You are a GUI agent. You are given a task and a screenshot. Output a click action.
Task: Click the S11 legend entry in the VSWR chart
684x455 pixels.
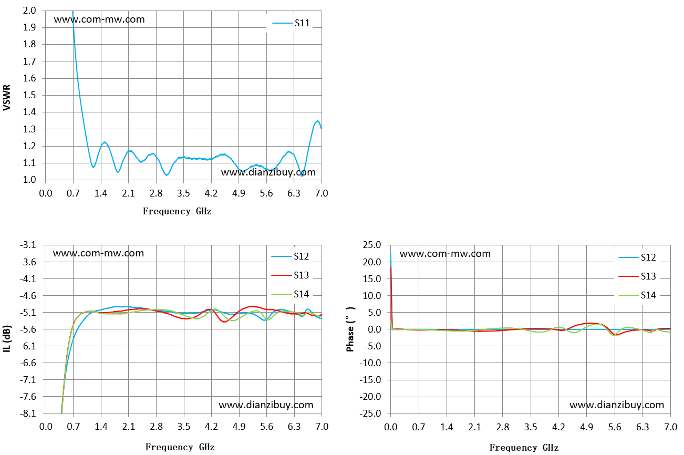click(292, 23)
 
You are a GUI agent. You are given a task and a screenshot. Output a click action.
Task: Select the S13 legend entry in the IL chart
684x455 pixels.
click(290, 275)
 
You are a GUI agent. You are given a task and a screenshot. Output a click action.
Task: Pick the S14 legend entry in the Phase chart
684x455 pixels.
click(637, 295)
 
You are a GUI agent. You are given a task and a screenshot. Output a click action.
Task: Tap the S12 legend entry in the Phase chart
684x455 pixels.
click(637, 257)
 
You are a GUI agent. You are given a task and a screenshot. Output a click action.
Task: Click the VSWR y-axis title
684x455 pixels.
click(7, 97)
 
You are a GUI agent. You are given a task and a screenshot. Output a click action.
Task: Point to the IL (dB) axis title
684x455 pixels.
click(7, 338)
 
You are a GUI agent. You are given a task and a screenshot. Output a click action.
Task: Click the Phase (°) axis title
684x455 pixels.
click(350, 329)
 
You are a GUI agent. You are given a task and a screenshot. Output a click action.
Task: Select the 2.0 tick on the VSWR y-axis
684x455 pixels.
click(29, 11)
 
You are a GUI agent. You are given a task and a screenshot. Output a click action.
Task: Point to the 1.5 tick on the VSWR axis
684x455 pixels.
click(29, 95)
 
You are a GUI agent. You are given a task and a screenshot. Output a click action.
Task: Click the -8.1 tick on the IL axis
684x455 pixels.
click(28, 413)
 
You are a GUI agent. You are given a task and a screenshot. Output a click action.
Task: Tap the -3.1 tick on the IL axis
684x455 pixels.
click(28, 245)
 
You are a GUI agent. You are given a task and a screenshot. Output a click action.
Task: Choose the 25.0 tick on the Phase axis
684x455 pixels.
click(372, 245)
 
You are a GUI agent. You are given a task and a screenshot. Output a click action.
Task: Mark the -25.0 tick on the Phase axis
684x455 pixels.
click(370, 413)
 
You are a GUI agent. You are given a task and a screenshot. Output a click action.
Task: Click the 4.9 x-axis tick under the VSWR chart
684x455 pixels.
click(239, 193)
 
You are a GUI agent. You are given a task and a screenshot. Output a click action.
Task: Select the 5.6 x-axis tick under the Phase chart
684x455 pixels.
click(614, 427)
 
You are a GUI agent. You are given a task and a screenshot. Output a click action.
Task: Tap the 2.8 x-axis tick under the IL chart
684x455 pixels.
click(156, 426)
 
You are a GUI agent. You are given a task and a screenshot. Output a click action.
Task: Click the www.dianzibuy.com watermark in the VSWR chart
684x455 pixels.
click(268, 172)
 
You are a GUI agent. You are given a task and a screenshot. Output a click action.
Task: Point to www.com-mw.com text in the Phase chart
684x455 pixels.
click(445, 253)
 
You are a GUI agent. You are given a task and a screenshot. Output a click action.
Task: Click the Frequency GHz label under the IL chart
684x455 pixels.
click(180, 447)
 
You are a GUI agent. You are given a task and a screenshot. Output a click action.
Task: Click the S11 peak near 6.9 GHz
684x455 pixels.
click(317, 121)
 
